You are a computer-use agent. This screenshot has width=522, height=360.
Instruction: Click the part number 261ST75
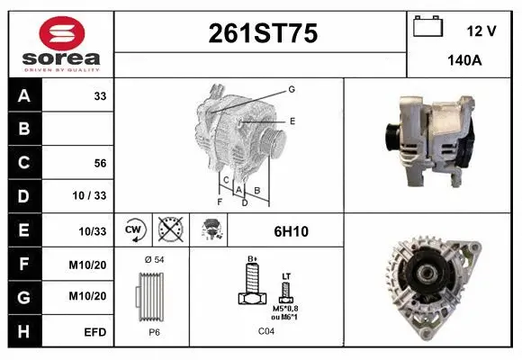coord(263,34)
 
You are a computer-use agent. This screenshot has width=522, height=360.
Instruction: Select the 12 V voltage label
coord(481,31)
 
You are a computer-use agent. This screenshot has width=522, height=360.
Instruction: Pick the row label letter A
coord(24,95)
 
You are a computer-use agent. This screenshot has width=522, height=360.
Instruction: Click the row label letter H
coord(24,332)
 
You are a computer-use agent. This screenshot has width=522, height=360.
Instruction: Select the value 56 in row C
coord(101,163)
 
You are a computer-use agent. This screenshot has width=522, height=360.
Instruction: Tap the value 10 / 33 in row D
coord(94,196)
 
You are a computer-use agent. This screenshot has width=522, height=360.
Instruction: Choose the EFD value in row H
coord(95,332)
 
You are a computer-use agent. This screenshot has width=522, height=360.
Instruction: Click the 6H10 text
coord(291,231)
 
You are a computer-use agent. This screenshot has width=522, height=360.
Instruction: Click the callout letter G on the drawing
coord(292,89)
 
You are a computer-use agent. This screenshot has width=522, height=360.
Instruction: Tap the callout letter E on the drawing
coord(292,120)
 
